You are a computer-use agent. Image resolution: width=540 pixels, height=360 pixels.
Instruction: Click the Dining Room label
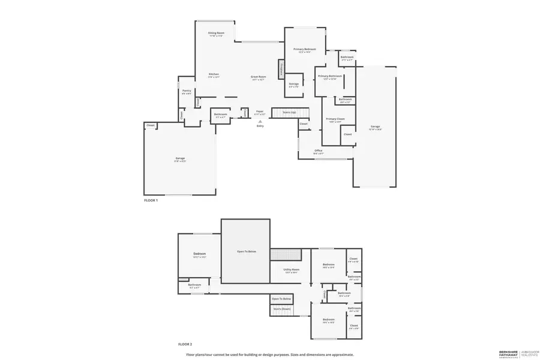[216, 32]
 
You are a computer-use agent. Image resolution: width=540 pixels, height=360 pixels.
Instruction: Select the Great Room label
[258, 77]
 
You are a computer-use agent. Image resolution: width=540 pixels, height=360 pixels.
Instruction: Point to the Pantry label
[187, 91]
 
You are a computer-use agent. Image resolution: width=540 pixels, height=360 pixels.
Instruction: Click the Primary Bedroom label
[305, 49]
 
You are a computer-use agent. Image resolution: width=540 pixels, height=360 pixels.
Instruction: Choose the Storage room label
[294, 83]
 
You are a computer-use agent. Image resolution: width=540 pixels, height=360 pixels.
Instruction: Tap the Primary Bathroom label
[330, 76]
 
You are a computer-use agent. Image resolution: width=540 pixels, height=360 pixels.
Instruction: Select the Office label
[319, 151]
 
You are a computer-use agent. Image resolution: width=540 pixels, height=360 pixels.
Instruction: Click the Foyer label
[260, 111]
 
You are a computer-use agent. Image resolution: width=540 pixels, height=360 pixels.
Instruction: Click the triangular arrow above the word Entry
[260, 121]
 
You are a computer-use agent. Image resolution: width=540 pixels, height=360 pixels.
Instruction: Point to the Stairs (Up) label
[289, 112]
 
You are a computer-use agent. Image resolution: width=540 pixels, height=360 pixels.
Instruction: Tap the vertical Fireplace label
[280, 69]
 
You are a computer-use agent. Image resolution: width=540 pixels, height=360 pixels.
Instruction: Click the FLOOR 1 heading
[151, 200]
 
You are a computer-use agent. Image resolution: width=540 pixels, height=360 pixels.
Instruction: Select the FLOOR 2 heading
[185, 344]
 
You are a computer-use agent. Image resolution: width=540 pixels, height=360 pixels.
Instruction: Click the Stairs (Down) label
[281, 309]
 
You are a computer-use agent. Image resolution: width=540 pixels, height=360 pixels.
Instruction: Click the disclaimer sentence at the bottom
[269, 355]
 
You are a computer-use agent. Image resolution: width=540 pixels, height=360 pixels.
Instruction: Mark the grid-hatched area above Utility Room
[284, 254]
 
